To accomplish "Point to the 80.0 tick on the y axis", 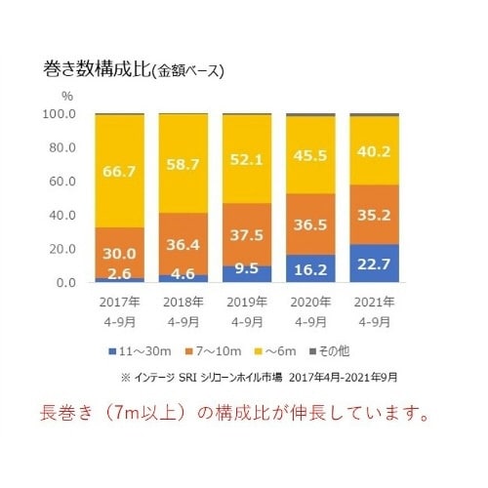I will pyautogui.click(x=61, y=147).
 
